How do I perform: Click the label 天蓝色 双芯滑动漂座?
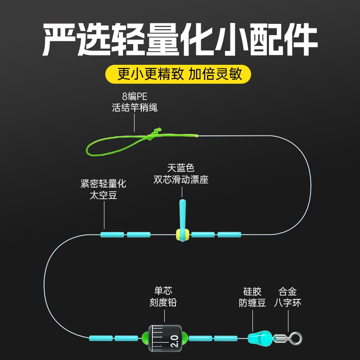[181, 174]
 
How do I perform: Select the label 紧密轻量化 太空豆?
[103, 189]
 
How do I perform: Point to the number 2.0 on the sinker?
[174, 337]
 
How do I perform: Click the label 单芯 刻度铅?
[163, 297]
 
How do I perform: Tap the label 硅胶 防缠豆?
[252, 297]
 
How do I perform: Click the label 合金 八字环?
[288, 297]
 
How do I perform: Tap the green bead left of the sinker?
[146, 337]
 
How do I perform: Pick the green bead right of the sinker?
[184, 337]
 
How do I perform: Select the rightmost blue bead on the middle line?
[229, 234]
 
